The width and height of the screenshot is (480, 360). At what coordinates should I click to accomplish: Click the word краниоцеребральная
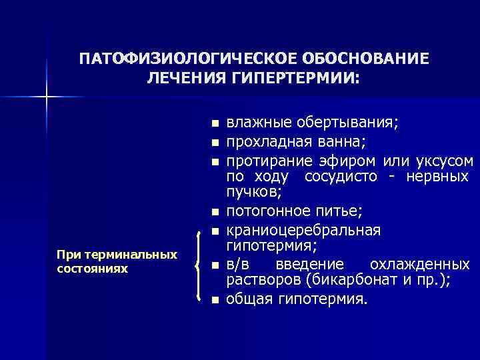point(303,230)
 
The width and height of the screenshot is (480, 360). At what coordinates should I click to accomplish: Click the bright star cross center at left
point(47,97)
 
